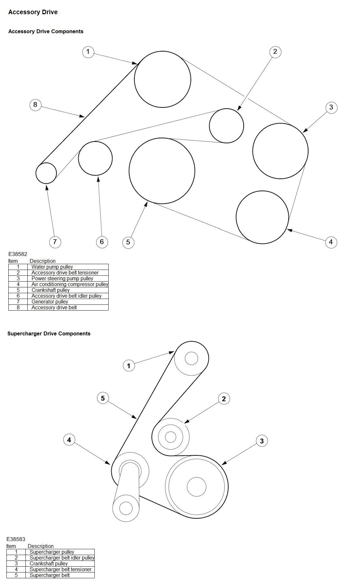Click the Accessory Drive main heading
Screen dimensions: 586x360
point(33,12)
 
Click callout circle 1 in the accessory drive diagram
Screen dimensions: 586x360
point(88,52)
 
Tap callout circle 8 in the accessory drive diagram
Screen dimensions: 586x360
point(35,104)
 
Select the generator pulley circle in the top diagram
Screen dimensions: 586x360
point(46,173)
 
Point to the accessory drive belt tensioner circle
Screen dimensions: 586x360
point(226,125)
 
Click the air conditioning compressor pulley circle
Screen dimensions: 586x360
point(262,217)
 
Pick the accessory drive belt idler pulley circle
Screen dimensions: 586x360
point(95,158)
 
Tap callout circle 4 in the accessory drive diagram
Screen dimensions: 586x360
point(331,242)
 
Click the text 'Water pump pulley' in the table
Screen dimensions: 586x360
point(52,267)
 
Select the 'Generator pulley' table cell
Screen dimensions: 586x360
point(50,302)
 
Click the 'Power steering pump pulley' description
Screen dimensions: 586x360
point(62,279)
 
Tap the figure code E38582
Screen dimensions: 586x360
point(18,254)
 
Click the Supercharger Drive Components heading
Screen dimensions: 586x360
point(49,334)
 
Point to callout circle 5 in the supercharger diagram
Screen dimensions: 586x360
point(103,398)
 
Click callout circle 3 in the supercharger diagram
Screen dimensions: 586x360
point(262,441)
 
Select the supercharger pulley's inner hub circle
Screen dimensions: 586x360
point(191,358)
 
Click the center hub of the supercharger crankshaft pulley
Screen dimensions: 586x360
point(196,487)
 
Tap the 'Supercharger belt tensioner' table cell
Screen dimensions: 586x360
point(61,570)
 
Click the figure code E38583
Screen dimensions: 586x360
point(16,539)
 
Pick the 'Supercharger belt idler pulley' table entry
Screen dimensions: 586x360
point(62,558)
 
